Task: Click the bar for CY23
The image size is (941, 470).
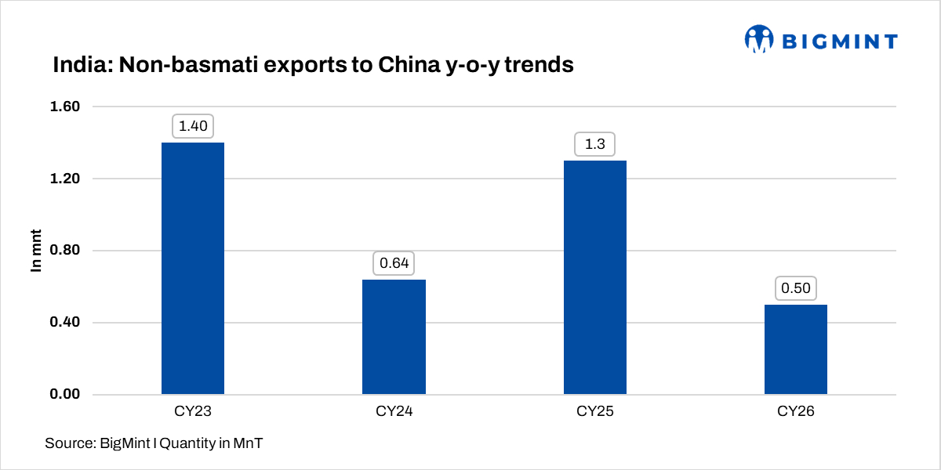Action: [193, 268]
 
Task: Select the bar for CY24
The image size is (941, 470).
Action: [394, 337]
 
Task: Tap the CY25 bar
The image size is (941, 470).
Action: [594, 277]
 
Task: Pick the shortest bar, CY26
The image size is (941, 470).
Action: [795, 349]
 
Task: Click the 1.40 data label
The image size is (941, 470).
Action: [193, 125]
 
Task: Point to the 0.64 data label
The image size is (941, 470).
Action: [394, 263]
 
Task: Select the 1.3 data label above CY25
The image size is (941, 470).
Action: [594, 144]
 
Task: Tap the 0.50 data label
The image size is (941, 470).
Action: [795, 288]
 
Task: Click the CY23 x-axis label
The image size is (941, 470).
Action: [193, 411]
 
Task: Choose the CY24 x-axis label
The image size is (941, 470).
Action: [394, 411]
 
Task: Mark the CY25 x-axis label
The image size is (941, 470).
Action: [594, 411]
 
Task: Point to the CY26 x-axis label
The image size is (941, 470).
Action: [795, 411]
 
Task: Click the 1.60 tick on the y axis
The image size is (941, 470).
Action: [64, 107]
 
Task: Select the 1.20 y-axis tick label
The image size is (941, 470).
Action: [64, 179]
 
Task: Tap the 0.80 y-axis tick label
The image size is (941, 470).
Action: [64, 251]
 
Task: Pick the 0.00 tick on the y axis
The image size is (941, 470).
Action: [64, 394]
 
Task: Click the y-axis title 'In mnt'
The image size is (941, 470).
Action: [36, 251]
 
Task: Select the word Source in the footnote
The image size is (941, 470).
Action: [68, 443]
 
